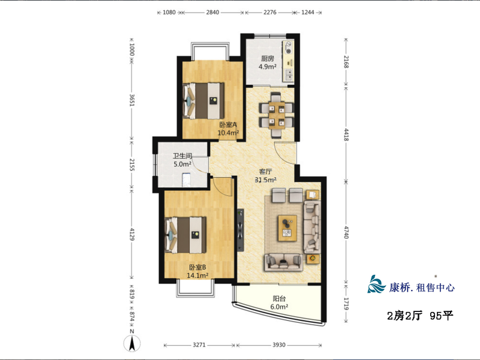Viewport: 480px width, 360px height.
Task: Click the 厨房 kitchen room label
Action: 267,58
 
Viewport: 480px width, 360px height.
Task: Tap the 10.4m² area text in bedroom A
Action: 228,133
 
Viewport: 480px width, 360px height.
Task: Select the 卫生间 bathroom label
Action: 182,156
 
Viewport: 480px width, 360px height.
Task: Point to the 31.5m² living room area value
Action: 266,180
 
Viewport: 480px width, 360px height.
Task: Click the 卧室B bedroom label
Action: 197,267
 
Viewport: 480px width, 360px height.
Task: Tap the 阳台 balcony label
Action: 279,298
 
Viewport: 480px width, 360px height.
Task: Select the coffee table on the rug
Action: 287,228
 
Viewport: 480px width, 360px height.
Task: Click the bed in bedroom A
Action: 203,101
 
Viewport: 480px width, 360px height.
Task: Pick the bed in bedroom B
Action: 185,235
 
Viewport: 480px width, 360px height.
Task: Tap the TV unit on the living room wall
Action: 241,230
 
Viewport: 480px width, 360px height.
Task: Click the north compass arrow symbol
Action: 132,343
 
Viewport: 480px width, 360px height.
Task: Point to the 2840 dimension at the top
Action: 212,12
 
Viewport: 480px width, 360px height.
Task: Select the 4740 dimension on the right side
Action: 346,232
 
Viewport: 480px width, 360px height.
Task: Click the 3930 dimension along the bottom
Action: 279,345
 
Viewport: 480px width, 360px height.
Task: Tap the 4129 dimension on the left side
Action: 132,234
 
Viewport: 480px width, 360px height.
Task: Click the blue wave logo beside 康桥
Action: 376,284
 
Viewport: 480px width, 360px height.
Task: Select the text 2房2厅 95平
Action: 420,316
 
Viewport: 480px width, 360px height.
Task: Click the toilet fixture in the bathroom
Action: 186,180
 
